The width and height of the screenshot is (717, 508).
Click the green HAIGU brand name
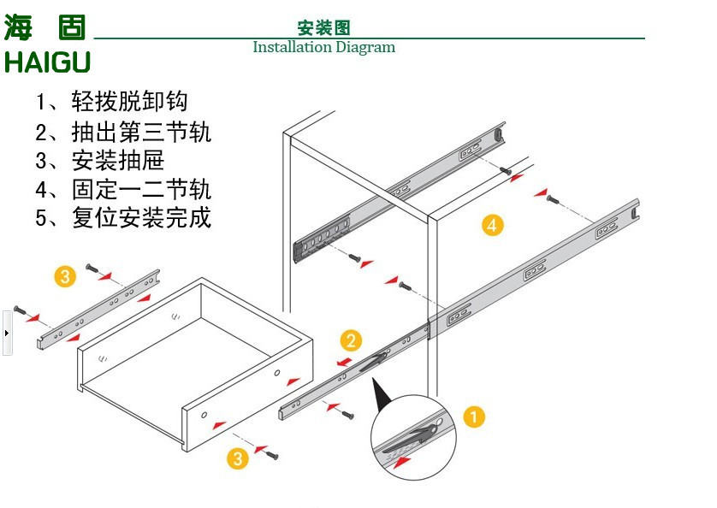(47, 62)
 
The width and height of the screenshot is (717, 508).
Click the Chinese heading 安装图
(323, 28)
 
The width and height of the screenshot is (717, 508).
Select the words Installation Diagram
(323, 47)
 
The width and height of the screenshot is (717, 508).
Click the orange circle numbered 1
(473, 417)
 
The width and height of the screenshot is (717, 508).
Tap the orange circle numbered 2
(351, 341)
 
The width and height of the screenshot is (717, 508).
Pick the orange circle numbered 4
(491, 225)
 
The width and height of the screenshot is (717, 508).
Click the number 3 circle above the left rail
(66, 276)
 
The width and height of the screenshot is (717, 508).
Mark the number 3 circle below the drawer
(237, 458)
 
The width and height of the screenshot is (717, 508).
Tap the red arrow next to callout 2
(345, 362)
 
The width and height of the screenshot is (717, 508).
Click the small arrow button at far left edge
(7, 331)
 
